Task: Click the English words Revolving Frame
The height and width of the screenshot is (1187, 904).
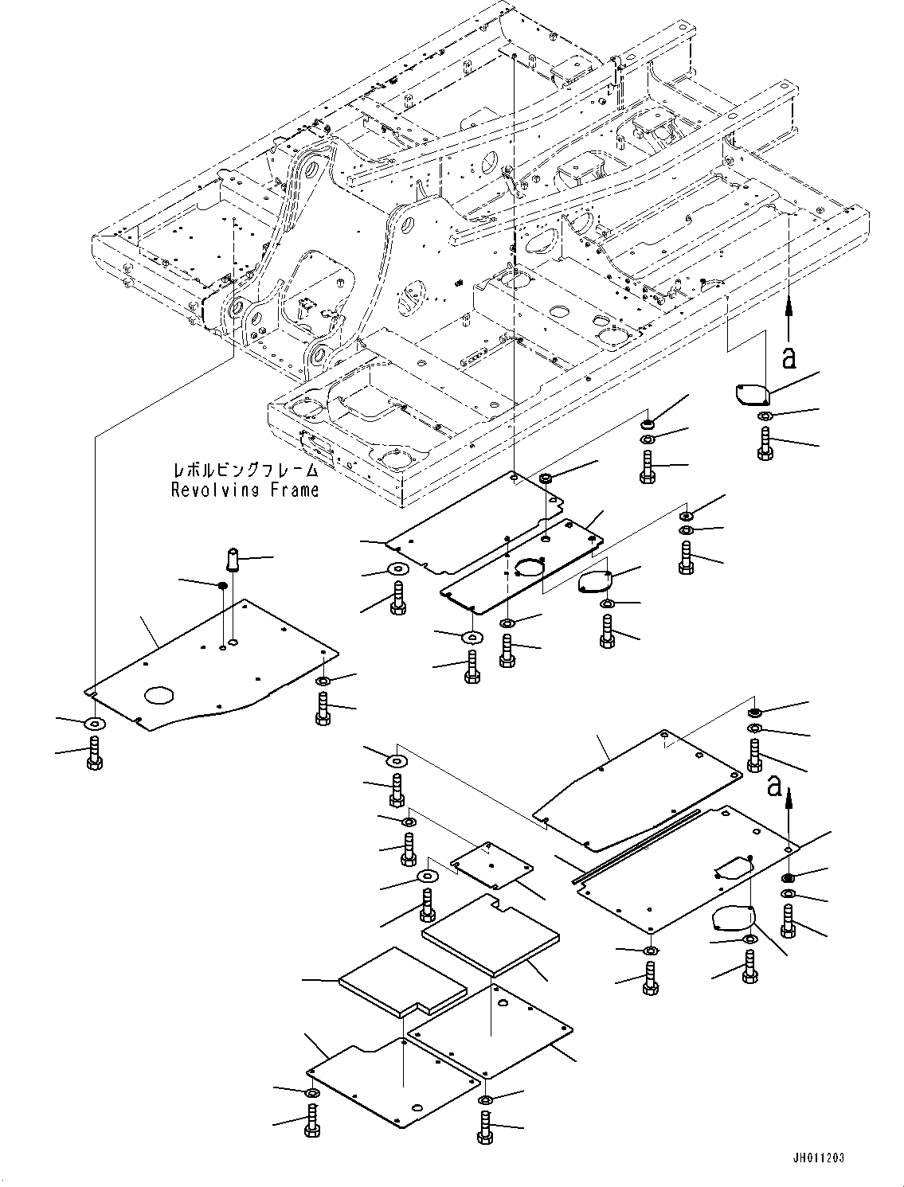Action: (245, 490)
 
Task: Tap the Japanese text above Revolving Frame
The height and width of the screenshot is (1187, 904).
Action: (245, 471)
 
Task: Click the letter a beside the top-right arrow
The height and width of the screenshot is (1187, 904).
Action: (789, 358)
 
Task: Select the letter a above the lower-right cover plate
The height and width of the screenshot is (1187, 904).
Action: (773, 787)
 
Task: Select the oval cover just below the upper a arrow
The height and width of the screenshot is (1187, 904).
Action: (750, 394)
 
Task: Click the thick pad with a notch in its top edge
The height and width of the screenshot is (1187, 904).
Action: (490, 935)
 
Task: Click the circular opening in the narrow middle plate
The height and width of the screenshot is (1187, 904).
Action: (526, 568)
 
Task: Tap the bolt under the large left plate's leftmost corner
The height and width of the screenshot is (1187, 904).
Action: (92, 752)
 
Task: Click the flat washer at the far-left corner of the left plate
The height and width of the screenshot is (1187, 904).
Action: (93, 723)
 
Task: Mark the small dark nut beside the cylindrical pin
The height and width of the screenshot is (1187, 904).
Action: (224, 586)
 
